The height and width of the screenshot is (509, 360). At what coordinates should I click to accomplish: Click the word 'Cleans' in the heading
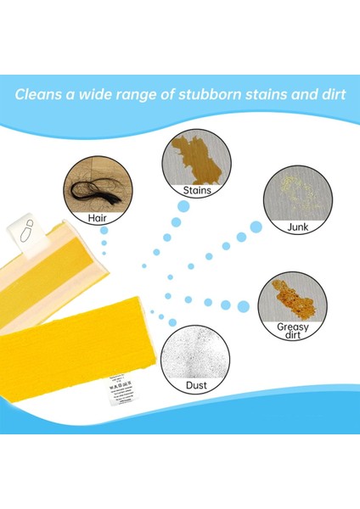tap(40, 93)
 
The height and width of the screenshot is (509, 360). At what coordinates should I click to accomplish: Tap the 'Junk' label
tap(297, 226)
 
